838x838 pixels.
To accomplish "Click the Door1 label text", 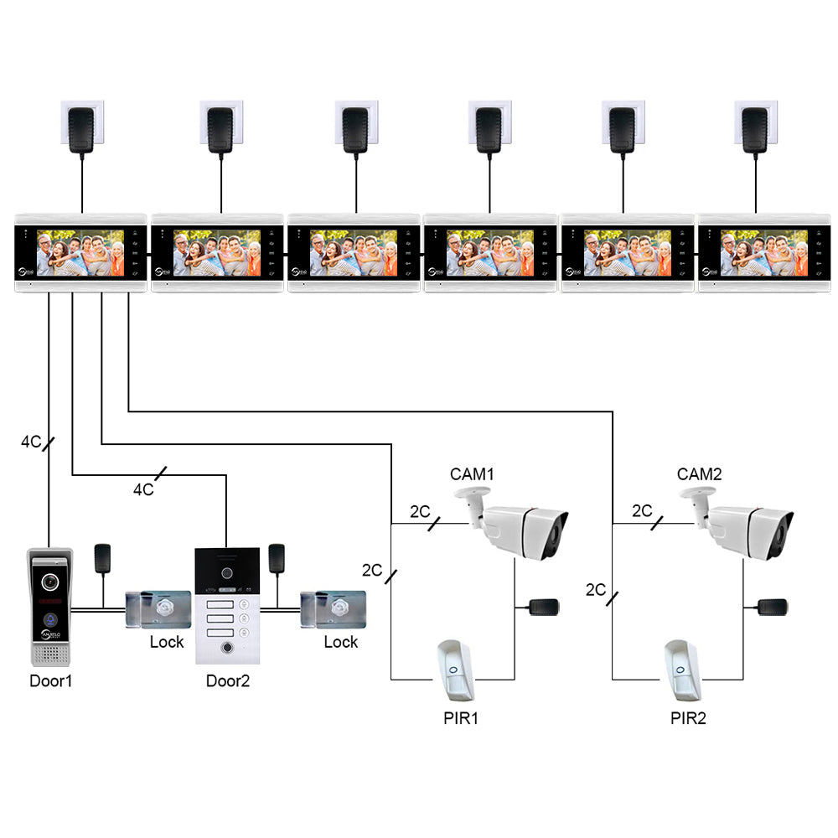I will [x=51, y=680].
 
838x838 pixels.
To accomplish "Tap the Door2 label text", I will [x=228, y=680].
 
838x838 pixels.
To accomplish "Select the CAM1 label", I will [x=472, y=474].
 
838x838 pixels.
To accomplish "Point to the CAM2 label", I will [x=699, y=474].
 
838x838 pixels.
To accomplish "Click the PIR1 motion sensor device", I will [x=455, y=670].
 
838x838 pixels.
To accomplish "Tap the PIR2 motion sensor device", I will [x=682, y=670].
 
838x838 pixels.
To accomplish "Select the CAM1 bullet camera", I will [x=515, y=525].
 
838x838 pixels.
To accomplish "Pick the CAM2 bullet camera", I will [x=742, y=525].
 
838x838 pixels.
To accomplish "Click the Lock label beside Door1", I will [x=167, y=642].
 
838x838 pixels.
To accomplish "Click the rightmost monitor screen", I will [x=759, y=253].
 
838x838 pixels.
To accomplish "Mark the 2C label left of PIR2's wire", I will [x=596, y=590].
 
